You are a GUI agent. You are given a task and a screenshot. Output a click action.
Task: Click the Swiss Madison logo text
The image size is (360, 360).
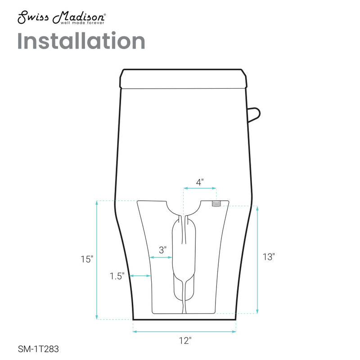tap(61, 17)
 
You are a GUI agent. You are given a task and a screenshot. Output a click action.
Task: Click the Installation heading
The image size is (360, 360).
tap(81, 41)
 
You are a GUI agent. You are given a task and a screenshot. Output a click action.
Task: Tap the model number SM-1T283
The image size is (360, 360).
tap(38, 348)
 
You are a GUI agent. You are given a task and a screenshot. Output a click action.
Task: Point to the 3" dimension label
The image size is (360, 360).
tap(163, 248)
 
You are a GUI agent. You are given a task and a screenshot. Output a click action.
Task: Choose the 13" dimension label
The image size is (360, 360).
tap(268, 257)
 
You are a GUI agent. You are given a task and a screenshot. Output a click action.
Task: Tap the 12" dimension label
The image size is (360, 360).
tap(184, 342)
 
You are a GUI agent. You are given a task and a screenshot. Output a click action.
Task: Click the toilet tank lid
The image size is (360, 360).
tap(184, 78)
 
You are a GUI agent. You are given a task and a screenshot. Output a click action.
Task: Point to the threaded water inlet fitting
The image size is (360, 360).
tap(216, 203)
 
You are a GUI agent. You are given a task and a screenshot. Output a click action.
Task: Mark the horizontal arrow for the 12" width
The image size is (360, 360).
tap(184, 332)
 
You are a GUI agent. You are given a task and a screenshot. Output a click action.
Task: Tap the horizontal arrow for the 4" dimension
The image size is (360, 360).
tap(199, 189)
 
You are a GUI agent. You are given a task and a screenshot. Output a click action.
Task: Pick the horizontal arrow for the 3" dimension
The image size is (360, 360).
tap(161, 257)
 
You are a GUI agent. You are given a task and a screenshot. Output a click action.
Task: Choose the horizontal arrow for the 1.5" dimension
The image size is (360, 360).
tap(140, 276)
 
